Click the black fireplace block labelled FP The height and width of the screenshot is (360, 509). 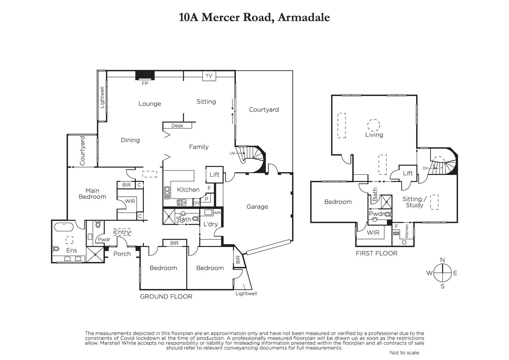145,75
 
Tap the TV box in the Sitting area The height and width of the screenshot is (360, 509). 209,76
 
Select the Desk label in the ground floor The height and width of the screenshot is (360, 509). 177,126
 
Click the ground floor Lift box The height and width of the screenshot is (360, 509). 214,175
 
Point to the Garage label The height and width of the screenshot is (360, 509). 257,207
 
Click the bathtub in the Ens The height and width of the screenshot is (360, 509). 64,227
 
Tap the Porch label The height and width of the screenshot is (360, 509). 122,254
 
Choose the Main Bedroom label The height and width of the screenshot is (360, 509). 92,194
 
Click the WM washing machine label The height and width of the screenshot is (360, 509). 217,213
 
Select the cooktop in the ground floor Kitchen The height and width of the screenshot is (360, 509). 182,202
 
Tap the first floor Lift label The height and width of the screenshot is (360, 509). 408,173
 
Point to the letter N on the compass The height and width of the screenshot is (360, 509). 443,260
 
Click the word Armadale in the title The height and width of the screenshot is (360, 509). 303,18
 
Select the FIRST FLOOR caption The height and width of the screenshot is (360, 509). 377,253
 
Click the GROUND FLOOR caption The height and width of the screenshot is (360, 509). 166,297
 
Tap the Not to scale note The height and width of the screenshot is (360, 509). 404,353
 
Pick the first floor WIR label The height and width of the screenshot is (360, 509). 373,233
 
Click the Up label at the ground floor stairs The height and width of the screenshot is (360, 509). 232,153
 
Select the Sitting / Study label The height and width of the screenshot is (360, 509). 415,202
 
